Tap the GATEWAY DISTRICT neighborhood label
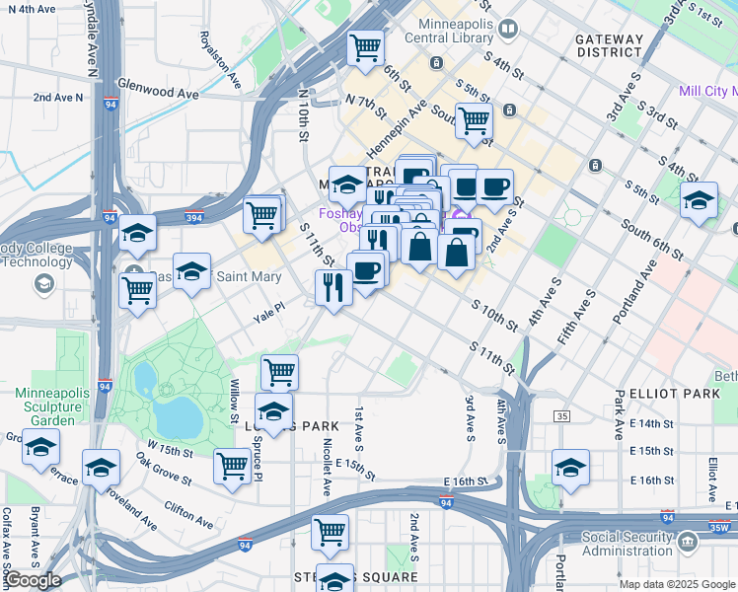coord(609,45)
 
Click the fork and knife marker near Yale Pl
coord(333,287)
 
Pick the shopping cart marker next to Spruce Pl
coord(233,465)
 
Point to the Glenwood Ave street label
coord(158,93)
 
